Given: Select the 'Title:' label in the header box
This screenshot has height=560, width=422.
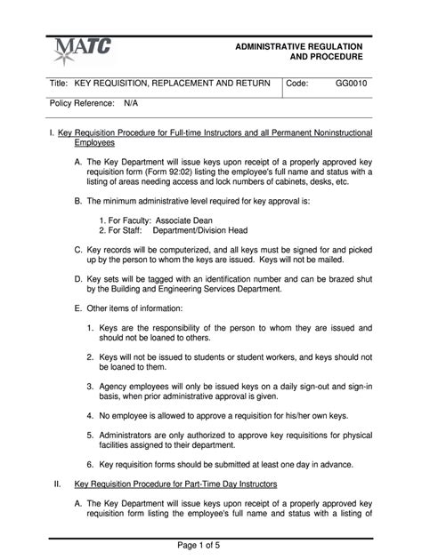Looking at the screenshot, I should (x=59, y=83).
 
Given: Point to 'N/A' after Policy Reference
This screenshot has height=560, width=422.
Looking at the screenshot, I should (x=131, y=104).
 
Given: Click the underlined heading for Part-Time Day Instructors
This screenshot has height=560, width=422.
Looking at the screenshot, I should (x=176, y=484).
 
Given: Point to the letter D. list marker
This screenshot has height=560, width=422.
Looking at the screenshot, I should (x=78, y=278).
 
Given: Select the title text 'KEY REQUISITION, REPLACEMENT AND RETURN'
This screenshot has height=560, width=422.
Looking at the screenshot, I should (x=173, y=83).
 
